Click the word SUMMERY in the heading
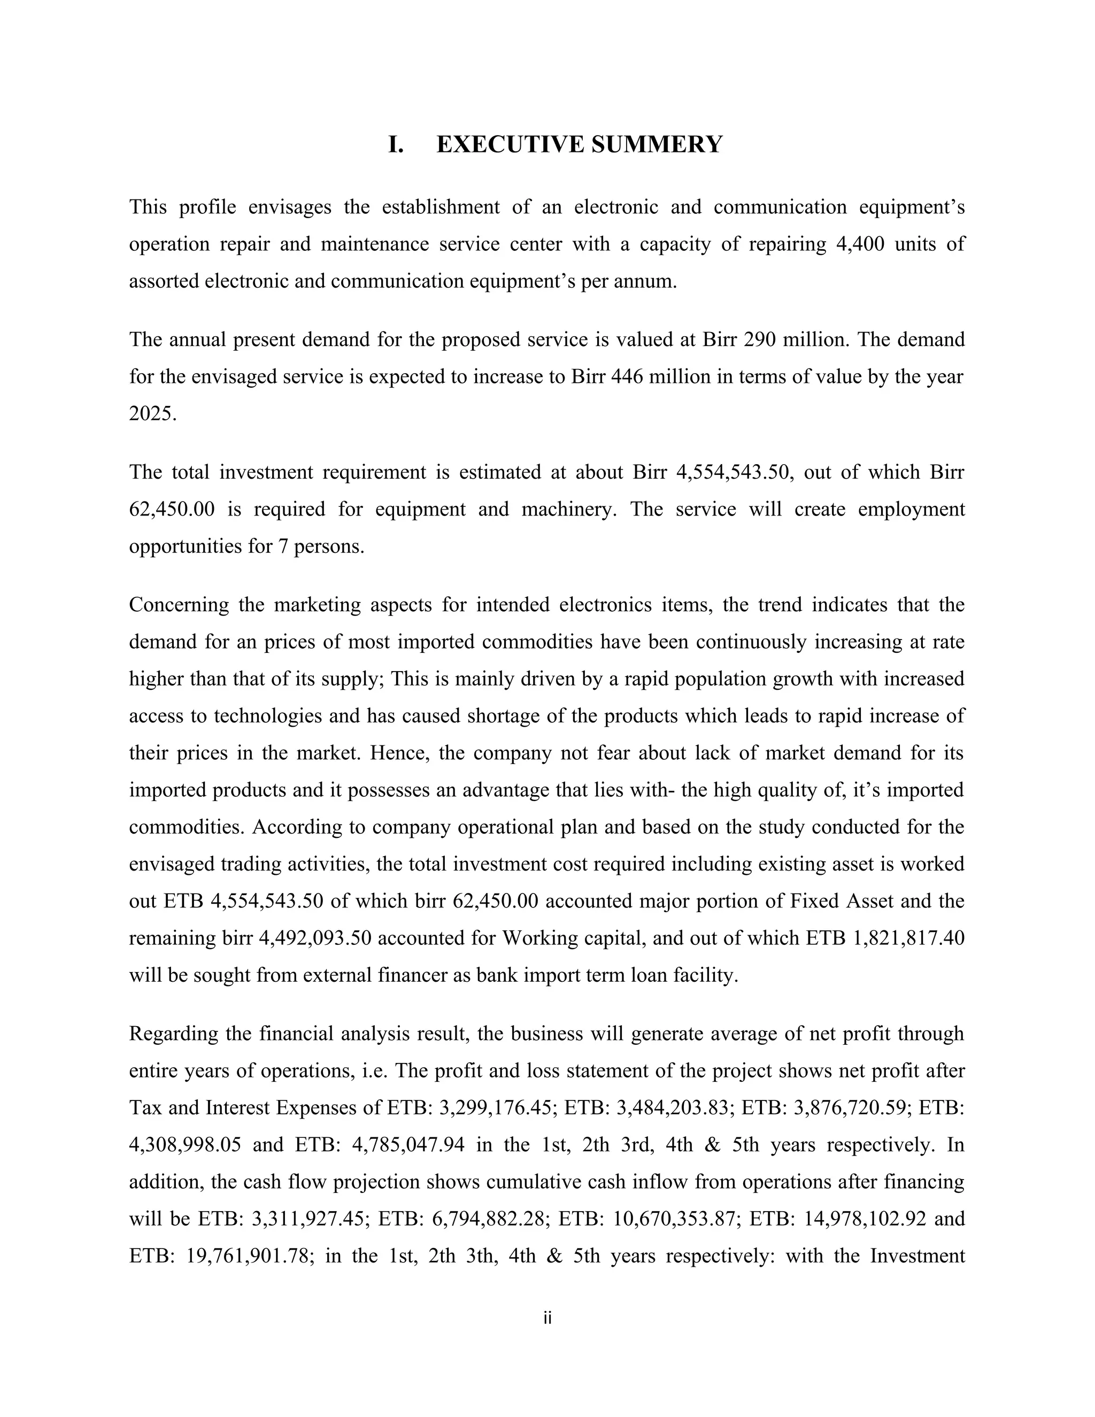(x=657, y=144)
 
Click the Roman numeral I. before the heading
(x=396, y=144)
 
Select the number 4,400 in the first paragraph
(x=857, y=244)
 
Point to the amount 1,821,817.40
(x=906, y=939)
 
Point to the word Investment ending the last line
(x=916, y=1256)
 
